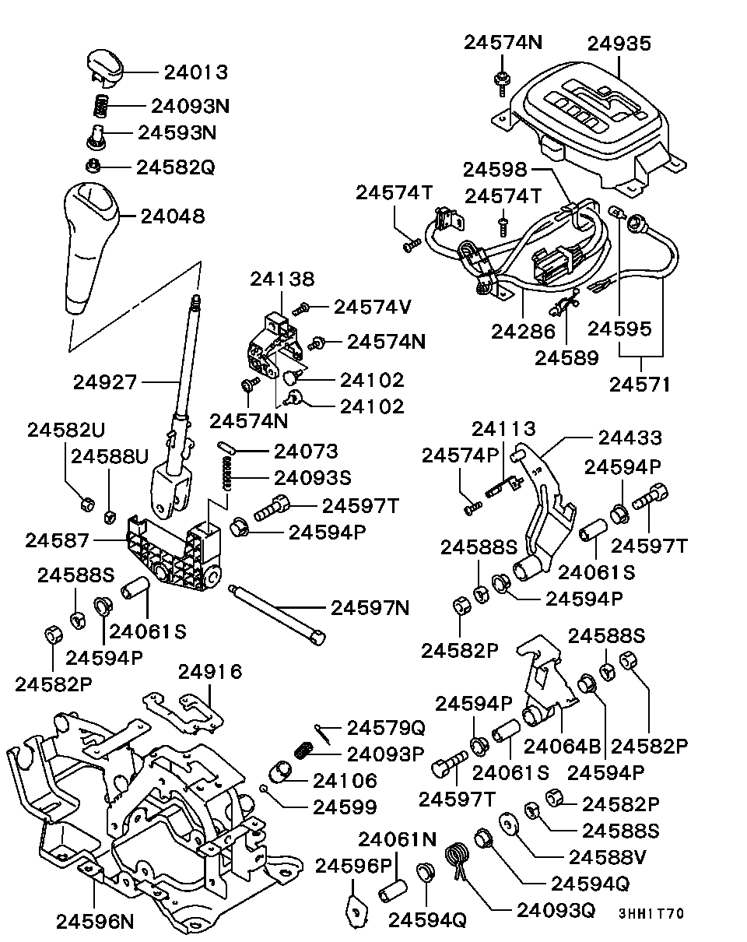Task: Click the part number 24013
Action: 195,72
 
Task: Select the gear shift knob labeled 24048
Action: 88,241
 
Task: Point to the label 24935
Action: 619,44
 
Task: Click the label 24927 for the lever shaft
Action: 105,382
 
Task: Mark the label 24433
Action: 630,439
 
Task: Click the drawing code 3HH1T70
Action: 651,913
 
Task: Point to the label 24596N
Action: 95,921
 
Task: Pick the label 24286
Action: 523,331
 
